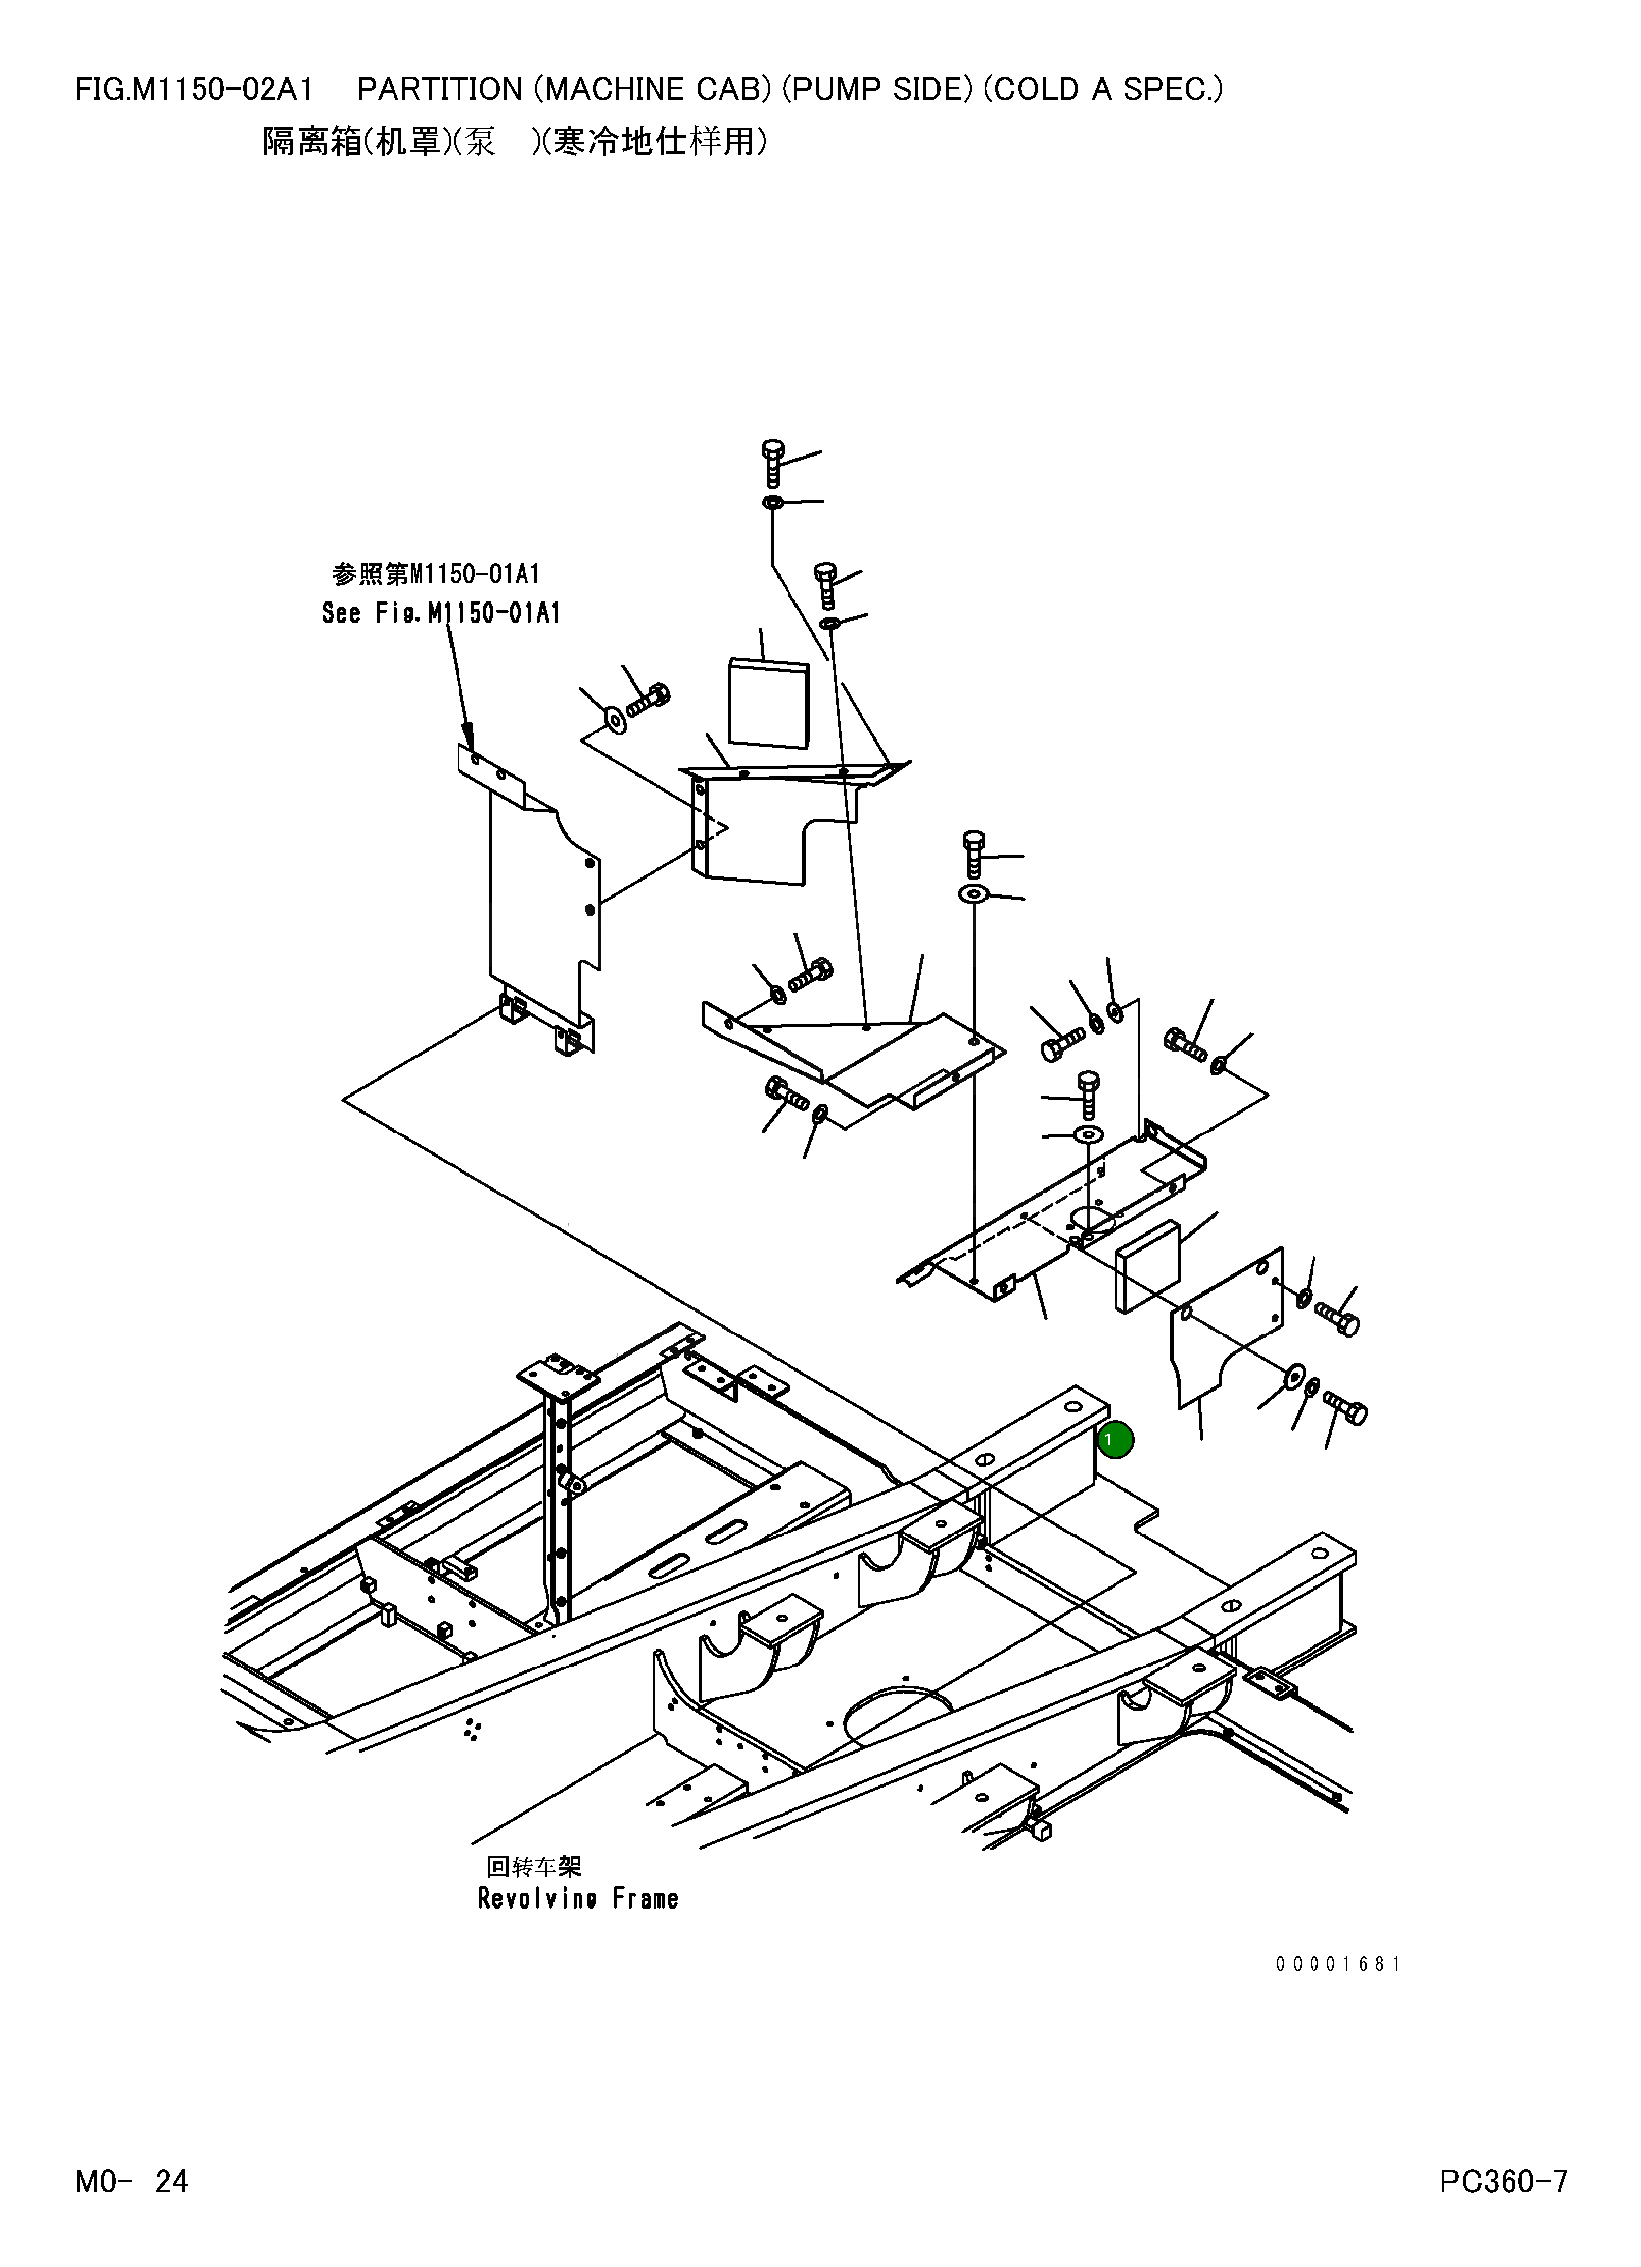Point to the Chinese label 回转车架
click(x=532, y=1865)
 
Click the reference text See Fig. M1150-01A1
click(x=440, y=613)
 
